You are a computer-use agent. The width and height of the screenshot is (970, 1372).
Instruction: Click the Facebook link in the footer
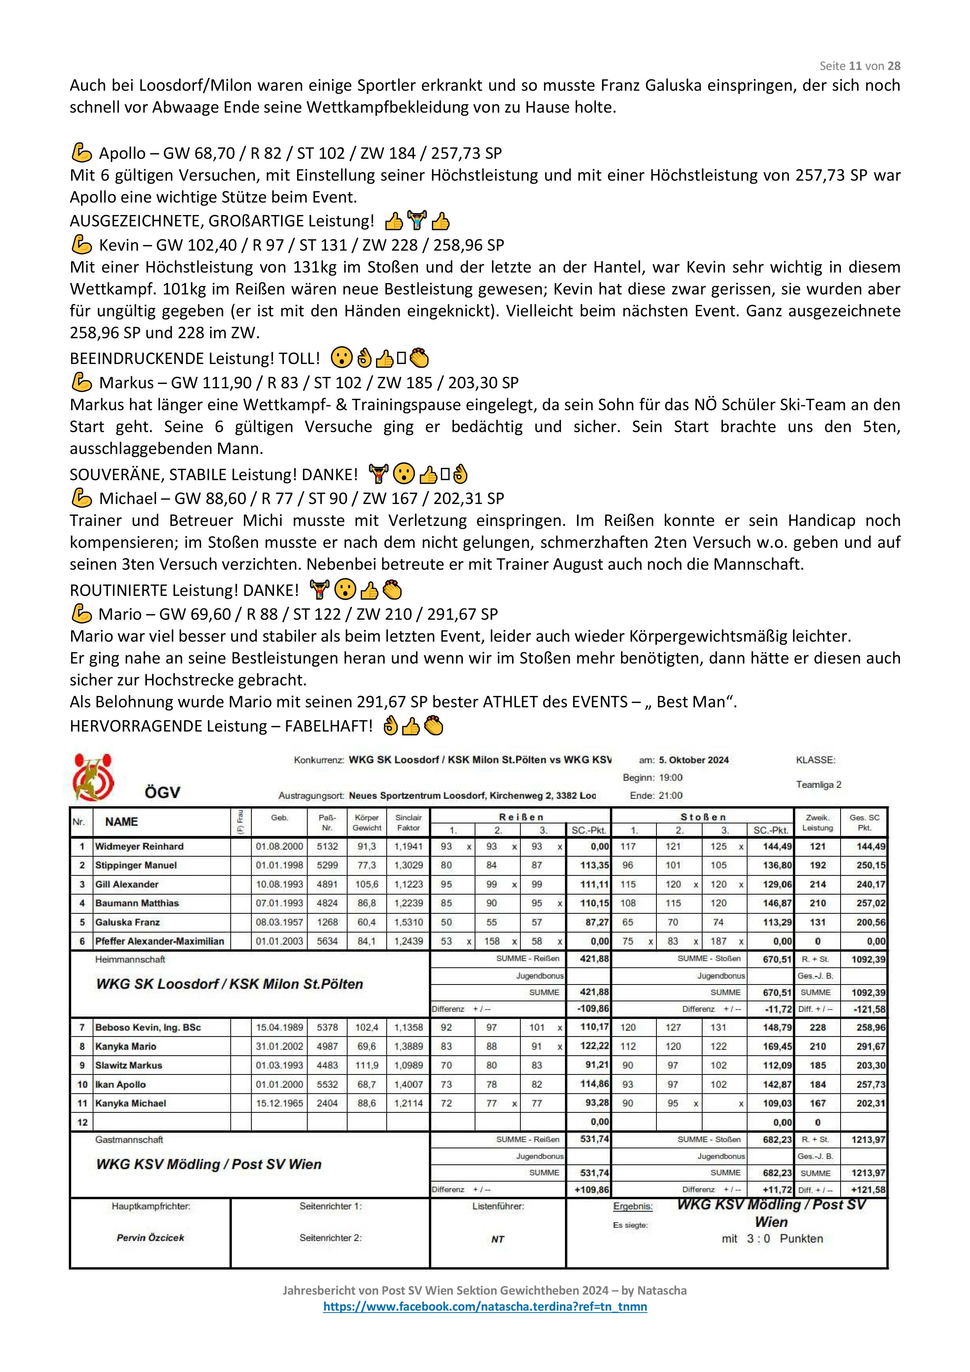(x=485, y=1306)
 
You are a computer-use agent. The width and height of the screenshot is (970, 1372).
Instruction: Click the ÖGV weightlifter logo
(x=93, y=777)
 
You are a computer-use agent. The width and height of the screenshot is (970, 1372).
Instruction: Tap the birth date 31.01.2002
(x=279, y=1046)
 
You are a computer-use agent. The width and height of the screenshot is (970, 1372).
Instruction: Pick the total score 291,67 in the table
(x=870, y=1046)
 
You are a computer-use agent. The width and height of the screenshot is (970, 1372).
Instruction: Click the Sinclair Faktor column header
(x=408, y=822)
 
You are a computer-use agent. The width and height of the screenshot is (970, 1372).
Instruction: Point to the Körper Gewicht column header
(x=366, y=822)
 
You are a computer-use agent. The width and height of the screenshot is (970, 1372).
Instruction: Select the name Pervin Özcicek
(x=150, y=1237)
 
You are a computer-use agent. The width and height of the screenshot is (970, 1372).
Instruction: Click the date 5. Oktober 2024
(x=694, y=760)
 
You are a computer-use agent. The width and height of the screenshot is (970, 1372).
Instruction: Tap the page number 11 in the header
(x=855, y=66)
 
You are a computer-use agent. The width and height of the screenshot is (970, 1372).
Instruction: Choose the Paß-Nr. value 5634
(x=327, y=941)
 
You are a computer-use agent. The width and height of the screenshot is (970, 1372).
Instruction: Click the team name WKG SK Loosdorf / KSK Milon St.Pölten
(x=230, y=984)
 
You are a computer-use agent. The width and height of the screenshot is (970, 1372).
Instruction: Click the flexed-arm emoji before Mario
(x=81, y=614)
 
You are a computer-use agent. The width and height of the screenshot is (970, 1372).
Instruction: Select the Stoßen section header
(x=703, y=816)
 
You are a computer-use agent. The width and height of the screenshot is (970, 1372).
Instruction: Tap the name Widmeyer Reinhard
(x=139, y=846)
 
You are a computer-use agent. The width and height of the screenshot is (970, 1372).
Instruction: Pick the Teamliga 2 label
(x=818, y=785)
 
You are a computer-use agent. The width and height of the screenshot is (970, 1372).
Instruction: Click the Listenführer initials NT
(x=497, y=1239)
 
